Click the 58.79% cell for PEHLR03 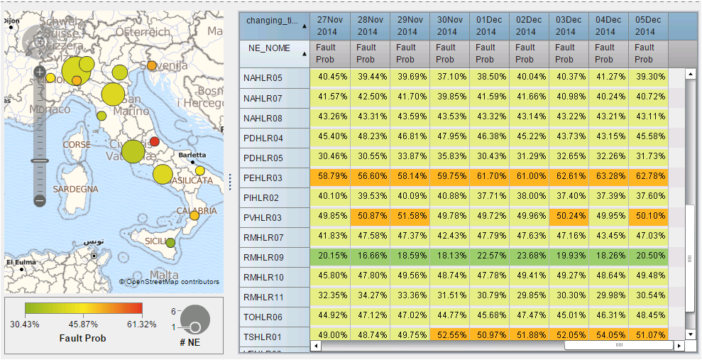click(329, 178)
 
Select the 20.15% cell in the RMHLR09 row click(329, 257)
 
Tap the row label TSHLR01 click(263, 337)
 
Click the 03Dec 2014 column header click(565, 26)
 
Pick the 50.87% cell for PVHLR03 click(369, 217)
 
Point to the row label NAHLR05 click(263, 78)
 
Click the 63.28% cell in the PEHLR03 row click(605, 178)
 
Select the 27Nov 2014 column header click(329, 26)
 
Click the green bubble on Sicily click(170, 243)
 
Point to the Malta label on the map click(165, 275)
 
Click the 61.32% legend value click(142, 324)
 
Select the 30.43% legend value click(26, 324)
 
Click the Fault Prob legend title click(83, 338)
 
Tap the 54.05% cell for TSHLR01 click(605, 336)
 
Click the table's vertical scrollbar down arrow click(689, 334)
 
